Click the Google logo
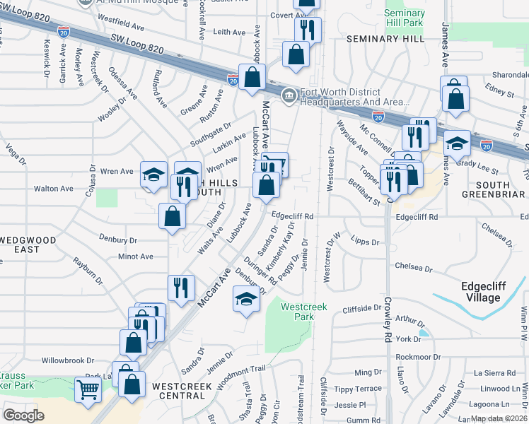point(23,415)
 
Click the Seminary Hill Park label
point(405,18)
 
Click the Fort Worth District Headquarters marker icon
point(289,96)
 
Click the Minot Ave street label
point(135,257)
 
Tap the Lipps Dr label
point(365,242)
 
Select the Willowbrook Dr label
point(67,360)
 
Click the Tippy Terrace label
point(358,389)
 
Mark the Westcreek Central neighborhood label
point(179,391)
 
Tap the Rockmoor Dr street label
point(417,357)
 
